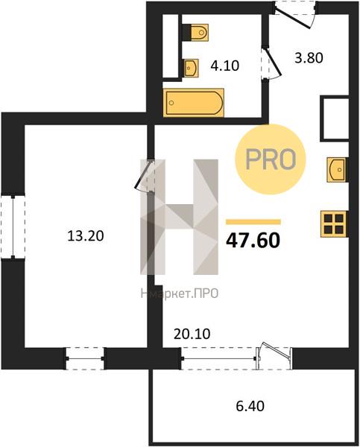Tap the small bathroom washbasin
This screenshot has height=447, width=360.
coord(190,68)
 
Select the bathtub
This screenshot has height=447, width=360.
coord(193,103)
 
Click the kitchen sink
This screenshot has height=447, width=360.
coord(337,169)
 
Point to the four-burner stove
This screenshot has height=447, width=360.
coord(334,223)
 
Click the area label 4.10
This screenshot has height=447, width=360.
coord(225,66)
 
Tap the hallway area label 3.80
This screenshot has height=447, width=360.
coord(309,58)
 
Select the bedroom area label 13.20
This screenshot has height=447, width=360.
coord(86,236)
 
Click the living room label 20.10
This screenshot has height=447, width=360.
coord(192,334)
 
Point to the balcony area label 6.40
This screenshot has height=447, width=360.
coord(250,406)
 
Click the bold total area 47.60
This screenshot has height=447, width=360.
coord(253,241)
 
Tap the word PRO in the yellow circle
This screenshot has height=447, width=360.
coord(271,159)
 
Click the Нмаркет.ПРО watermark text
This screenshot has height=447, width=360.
coord(180,294)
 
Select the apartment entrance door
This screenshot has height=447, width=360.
coord(296,14)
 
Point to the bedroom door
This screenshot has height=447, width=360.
coord(145,176)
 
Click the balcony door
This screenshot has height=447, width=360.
coord(274,355)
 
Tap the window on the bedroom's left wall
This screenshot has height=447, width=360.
coord(13,227)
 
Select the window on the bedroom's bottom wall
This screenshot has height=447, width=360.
coord(85,358)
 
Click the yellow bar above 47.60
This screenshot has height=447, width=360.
coord(253,222)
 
